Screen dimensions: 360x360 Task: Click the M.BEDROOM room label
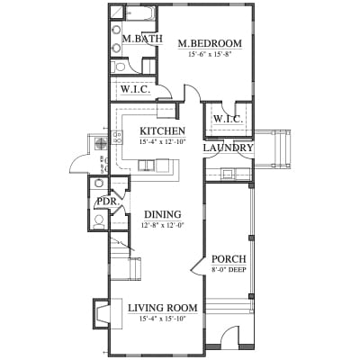(210, 43)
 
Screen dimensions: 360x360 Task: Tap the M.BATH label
(142, 39)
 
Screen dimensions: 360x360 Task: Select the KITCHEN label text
(163, 131)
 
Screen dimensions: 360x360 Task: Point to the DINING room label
(163, 214)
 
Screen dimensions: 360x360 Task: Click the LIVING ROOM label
(163, 308)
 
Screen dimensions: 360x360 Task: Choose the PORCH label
(229, 259)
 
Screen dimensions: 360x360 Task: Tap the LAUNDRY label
(229, 148)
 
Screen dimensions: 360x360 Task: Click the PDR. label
(107, 202)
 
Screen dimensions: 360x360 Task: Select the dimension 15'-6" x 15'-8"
(211, 54)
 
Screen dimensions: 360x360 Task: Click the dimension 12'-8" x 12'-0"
(162, 225)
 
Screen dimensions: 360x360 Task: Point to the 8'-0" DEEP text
(229, 270)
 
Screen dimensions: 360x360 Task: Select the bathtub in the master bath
(139, 13)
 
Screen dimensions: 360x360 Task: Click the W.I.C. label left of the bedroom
(135, 89)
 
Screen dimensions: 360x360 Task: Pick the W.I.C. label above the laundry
(228, 120)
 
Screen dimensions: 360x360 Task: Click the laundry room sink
(227, 174)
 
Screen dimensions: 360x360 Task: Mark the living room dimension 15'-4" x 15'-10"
(163, 319)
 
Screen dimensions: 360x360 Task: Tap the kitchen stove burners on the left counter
(117, 137)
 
